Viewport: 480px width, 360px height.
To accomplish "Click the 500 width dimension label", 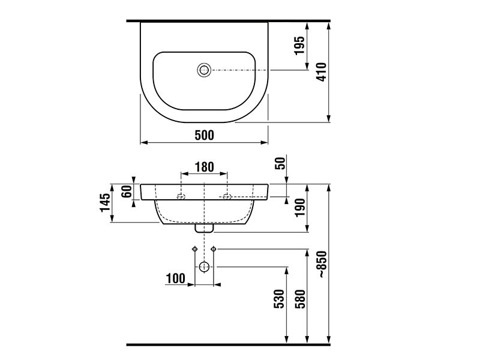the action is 205,135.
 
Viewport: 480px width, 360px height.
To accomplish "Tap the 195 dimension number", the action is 299,46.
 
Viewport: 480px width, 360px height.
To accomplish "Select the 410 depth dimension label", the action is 322,72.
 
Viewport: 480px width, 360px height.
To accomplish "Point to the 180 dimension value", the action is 205,167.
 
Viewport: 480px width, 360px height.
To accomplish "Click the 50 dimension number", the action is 281,163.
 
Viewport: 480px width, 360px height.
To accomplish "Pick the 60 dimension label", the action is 127,191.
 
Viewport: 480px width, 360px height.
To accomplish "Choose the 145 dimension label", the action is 105,202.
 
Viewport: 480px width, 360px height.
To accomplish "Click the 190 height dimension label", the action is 300,208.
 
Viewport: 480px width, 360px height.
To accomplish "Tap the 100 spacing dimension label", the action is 175,278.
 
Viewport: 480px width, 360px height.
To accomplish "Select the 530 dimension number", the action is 279,299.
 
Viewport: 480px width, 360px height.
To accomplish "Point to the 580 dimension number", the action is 301,299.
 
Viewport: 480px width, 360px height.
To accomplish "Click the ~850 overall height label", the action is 322,265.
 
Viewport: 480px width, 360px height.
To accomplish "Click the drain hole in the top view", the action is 204,70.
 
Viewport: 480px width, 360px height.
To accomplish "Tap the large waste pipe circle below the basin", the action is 204,267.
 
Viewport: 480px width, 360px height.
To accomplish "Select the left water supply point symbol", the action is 194,249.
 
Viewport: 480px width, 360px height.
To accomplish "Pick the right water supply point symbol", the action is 214,249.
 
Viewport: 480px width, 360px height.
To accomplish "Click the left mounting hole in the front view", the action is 181,197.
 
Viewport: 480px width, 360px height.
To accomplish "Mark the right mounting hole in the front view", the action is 227,197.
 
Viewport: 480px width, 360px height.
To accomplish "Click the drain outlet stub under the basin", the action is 204,229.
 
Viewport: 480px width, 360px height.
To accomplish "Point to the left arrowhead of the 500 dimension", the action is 144,142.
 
